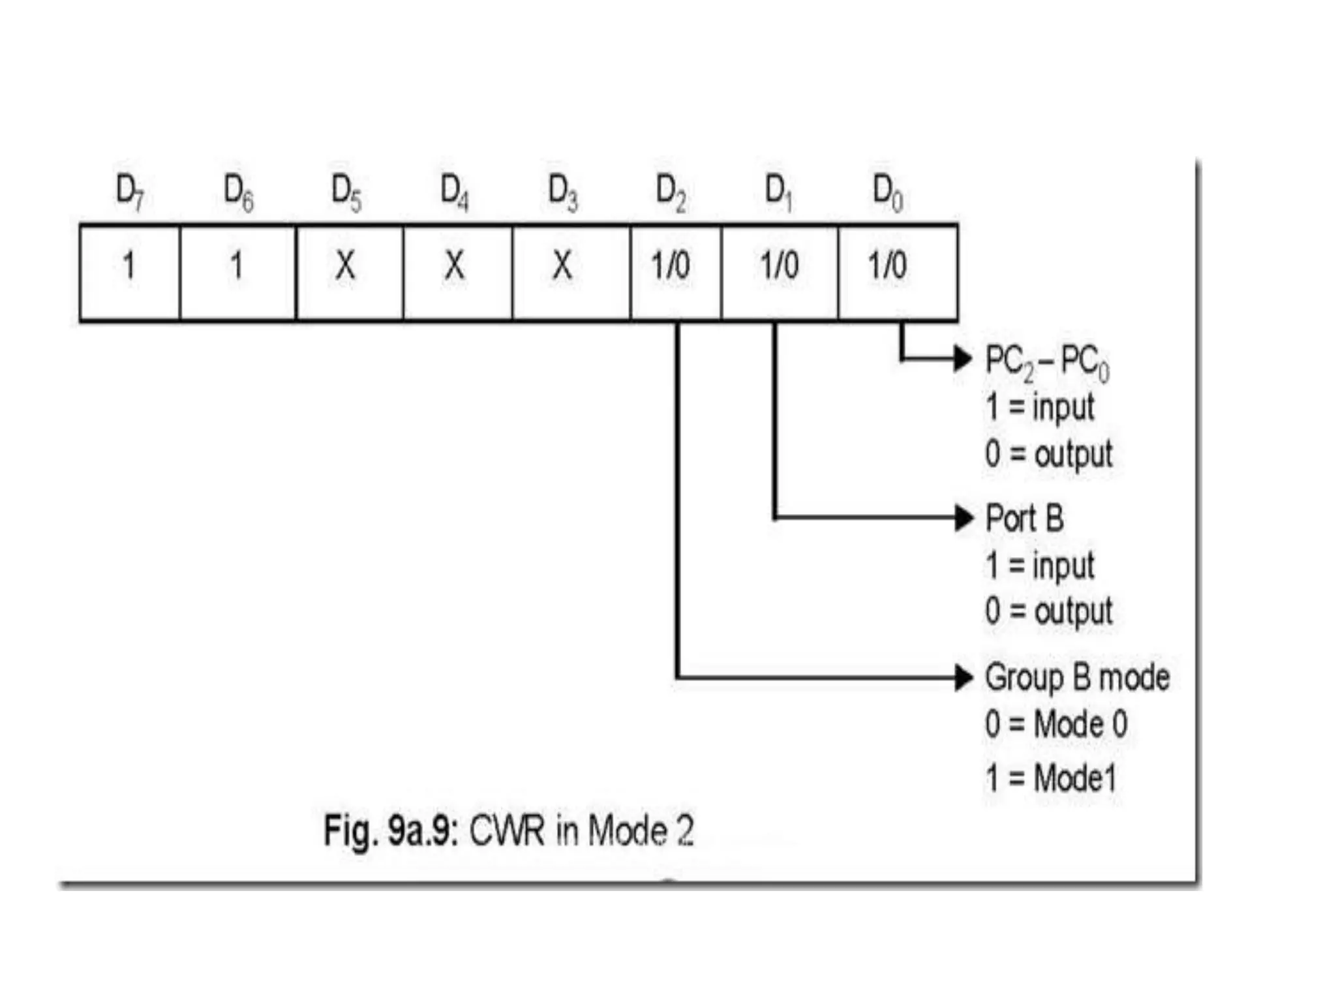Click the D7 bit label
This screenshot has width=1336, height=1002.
(130, 192)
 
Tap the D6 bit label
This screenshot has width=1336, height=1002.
(238, 192)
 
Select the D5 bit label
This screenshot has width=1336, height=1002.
(346, 192)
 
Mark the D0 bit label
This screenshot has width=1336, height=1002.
(888, 192)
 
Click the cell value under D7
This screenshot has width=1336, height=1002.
(129, 266)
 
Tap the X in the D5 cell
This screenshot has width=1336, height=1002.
(346, 266)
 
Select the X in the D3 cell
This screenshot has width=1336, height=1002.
(562, 266)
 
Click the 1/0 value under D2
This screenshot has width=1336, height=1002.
(671, 266)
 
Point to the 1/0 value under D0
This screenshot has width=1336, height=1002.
(887, 266)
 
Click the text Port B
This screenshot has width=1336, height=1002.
(1024, 519)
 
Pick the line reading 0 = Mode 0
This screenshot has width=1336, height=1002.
(1056, 724)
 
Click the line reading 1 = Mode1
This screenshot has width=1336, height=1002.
(1051, 778)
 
